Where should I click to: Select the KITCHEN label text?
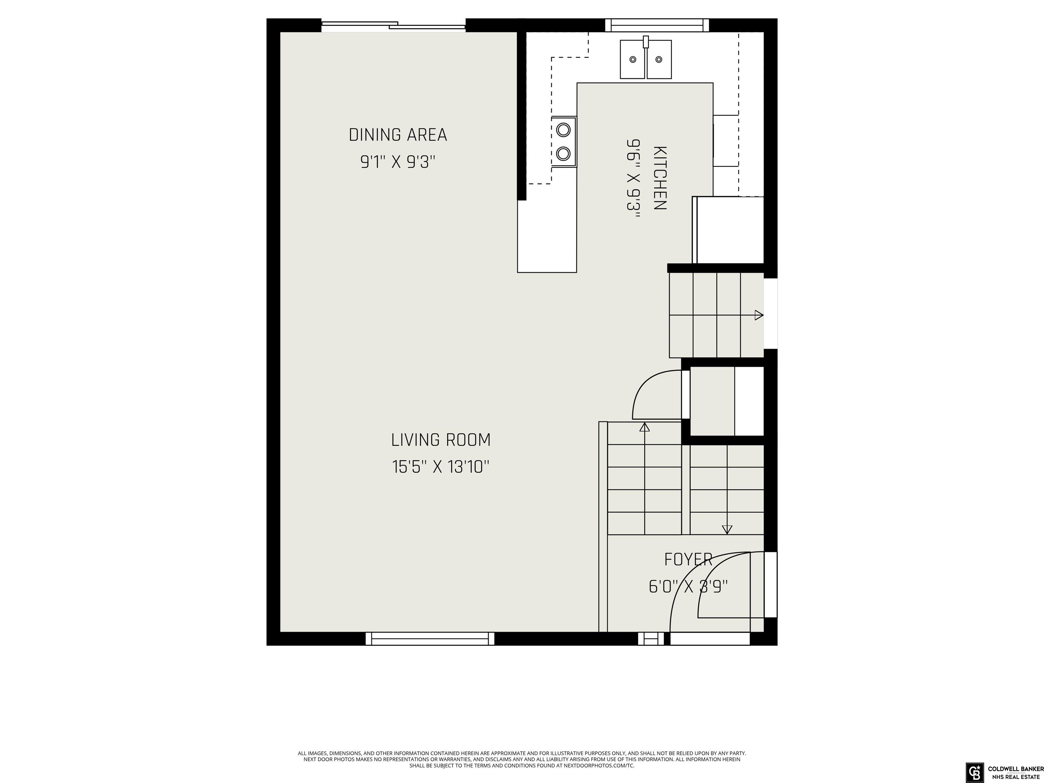click(659, 178)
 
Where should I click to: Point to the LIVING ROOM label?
click(441, 440)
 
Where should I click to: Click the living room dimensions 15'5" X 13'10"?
click(441, 467)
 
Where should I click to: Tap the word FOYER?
click(688, 559)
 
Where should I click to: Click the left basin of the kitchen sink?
click(632, 59)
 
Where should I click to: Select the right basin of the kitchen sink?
click(659, 59)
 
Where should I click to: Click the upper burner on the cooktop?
click(563, 129)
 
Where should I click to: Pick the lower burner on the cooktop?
click(563, 153)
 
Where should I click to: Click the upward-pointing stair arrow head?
click(644, 427)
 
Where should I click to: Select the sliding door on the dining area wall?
click(394, 26)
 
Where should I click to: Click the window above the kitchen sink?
click(657, 25)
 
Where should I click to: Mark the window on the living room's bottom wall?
click(430, 639)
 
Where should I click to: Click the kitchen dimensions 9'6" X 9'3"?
click(633, 178)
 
